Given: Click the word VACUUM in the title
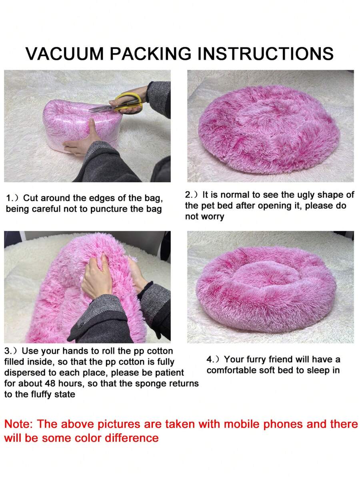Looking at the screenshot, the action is click(x=65, y=54).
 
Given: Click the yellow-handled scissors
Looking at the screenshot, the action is click(x=117, y=103).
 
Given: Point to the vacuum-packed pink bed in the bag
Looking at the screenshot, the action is click(x=80, y=125).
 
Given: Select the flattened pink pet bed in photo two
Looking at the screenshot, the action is click(x=269, y=130).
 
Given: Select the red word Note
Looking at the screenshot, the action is click(x=19, y=424).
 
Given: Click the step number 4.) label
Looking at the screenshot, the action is click(x=213, y=359).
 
